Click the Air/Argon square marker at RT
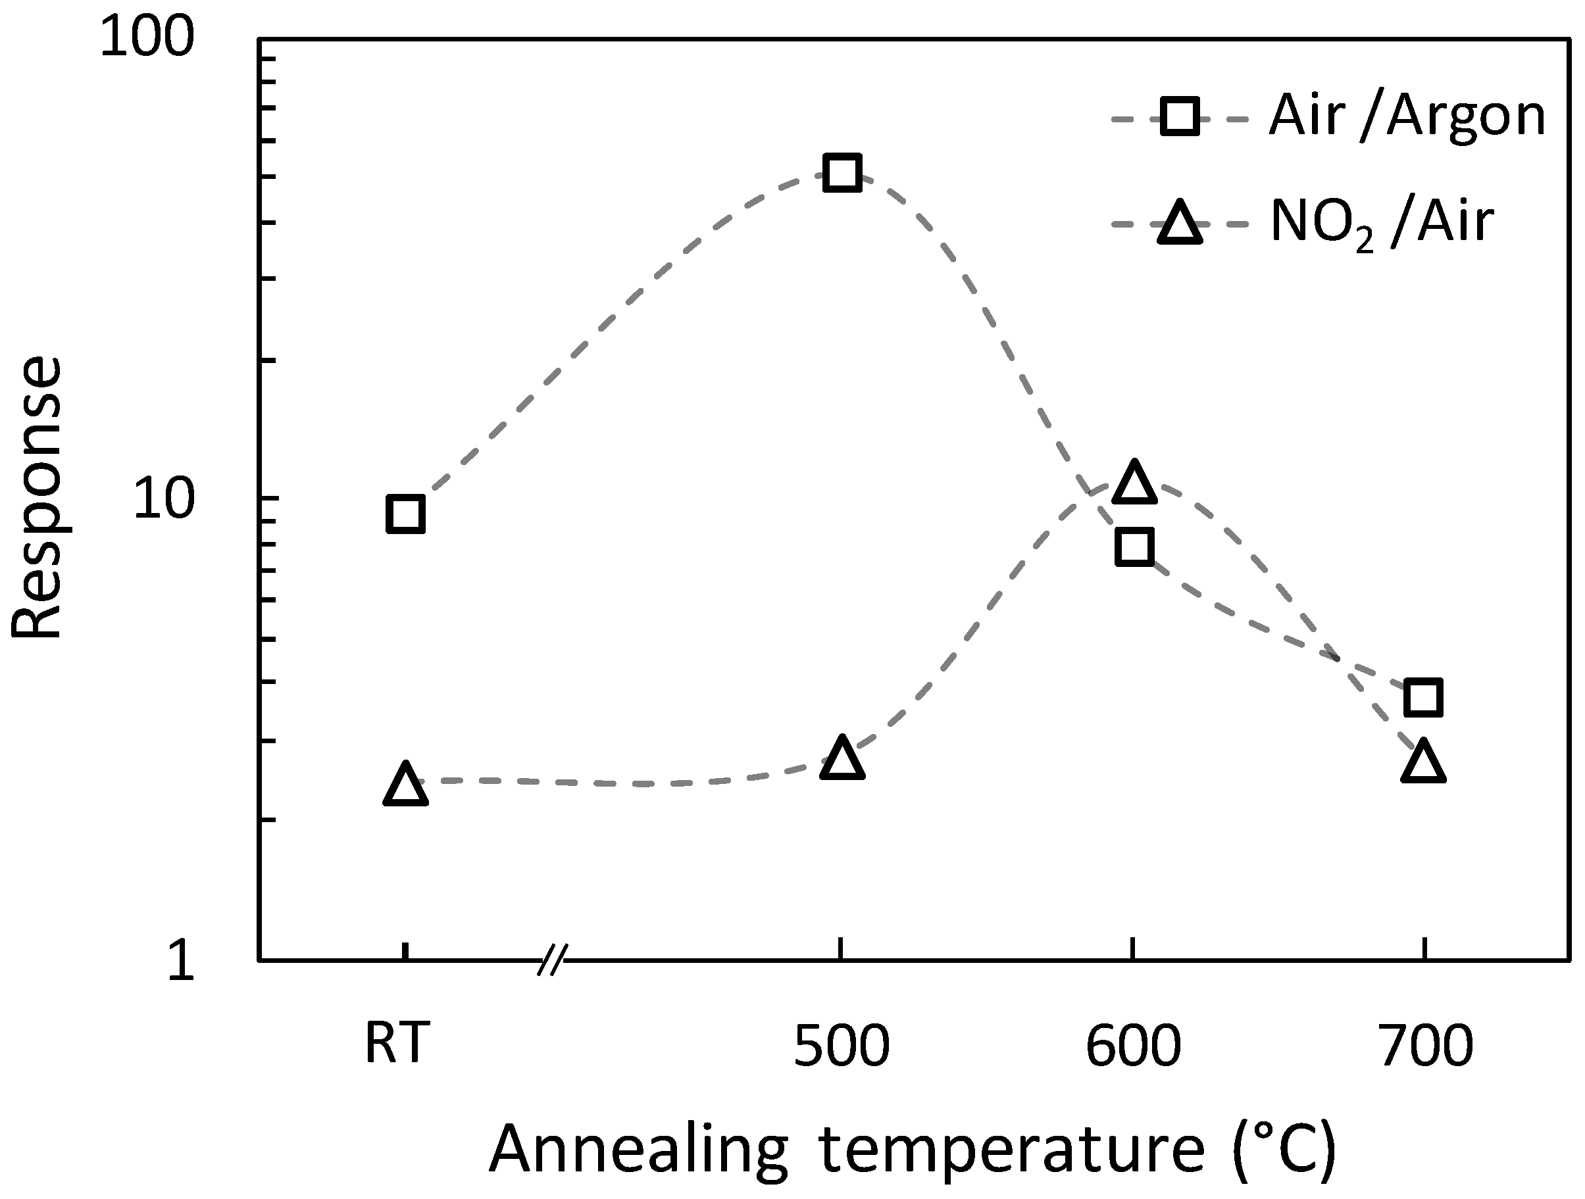tap(405, 514)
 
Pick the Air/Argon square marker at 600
tap(1134, 547)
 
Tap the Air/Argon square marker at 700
tap(1423, 697)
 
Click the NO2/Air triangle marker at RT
tap(405, 785)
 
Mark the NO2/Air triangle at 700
tap(1423, 762)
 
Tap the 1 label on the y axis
tap(180, 962)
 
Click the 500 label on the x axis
tap(842, 1046)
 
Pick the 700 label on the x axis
tap(1426, 1046)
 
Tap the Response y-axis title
tap(38, 497)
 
